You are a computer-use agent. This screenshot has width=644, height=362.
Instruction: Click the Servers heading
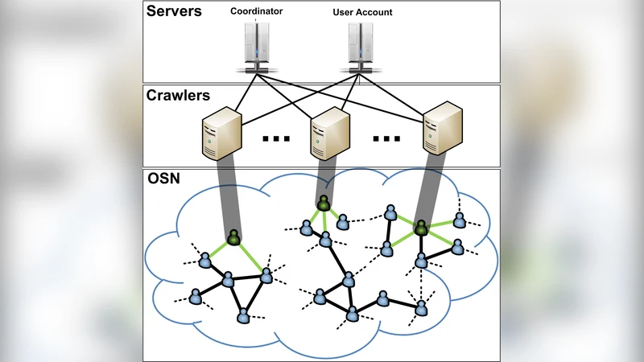pos(173,14)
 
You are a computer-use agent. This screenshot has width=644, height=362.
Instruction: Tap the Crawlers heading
pos(178,96)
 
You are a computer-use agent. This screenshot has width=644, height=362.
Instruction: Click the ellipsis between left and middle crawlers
pos(275,138)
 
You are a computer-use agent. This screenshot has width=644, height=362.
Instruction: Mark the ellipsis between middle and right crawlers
pos(386,138)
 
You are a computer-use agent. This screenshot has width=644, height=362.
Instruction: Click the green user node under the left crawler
pos(233,237)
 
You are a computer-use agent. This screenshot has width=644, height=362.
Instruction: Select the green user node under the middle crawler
pos(323,204)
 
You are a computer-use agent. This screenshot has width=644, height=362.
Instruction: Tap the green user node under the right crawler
pos(420,228)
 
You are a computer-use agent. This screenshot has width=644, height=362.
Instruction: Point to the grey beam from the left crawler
pos(225,193)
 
